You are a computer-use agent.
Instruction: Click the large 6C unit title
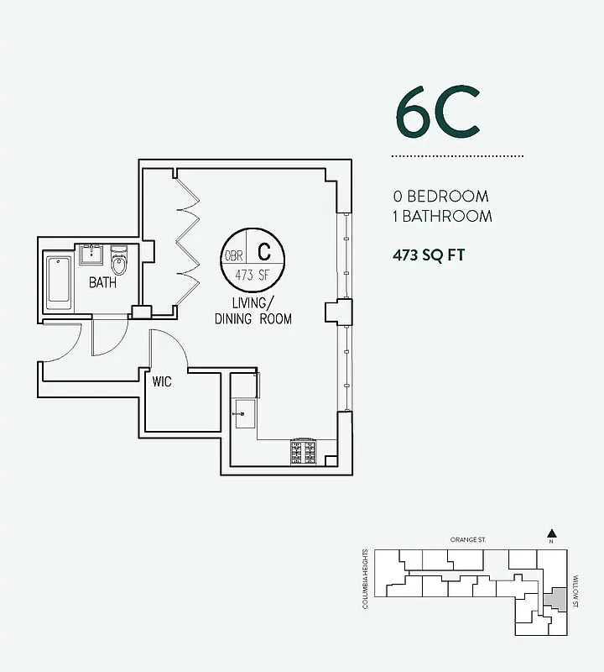click(437, 117)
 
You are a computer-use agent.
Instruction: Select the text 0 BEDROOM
click(441, 197)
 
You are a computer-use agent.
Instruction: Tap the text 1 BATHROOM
click(443, 216)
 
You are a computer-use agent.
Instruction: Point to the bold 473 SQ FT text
click(429, 255)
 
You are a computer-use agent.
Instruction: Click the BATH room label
click(102, 283)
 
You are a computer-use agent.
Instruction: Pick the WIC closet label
click(162, 382)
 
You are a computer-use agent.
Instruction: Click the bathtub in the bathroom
click(59, 280)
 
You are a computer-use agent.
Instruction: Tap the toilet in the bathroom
click(119, 261)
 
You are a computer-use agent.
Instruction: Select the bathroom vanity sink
click(91, 255)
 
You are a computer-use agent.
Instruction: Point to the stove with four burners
click(303, 453)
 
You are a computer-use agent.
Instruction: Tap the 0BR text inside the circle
click(233, 256)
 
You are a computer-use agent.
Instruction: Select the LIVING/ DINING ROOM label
click(253, 311)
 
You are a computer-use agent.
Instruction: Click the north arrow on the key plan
click(551, 533)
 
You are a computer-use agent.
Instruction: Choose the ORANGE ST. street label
click(468, 540)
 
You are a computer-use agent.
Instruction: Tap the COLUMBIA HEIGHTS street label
click(366, 579)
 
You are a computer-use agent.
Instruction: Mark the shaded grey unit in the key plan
click(553, 600)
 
